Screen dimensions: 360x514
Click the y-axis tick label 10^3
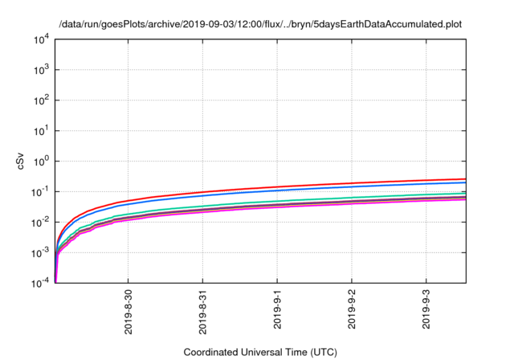coord(40,70)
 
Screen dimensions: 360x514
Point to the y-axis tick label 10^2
coord(40,100)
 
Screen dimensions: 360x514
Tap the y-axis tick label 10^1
coord(40,130)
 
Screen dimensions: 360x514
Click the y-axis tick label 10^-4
coord(40,282)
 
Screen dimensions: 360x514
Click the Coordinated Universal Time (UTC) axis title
coord(260,352)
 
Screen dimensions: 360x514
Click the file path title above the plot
coord(260,23)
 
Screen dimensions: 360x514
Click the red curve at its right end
coord(464,179)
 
